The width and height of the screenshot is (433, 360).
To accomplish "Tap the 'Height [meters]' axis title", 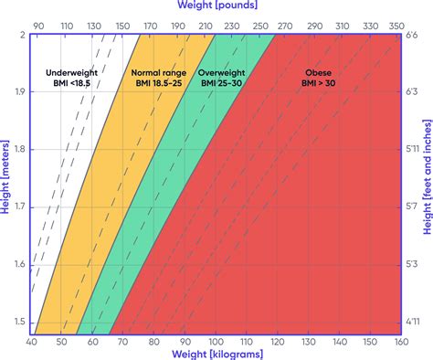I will (x=6, y=184).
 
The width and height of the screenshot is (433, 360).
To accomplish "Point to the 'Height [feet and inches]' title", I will (x=427, y=184).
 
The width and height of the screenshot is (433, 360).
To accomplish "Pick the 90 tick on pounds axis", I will (x=37, y=27).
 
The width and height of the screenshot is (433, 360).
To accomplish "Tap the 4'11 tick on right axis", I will (x=413, y=322).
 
